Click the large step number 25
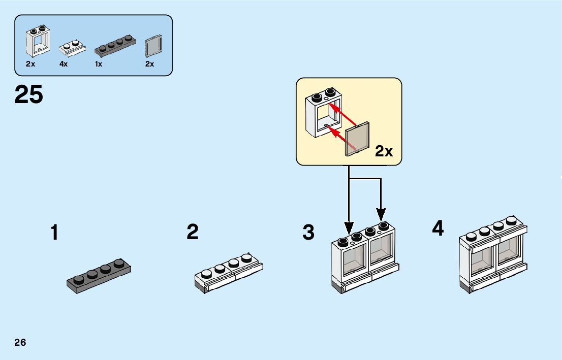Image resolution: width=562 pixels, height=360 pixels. point(28,94)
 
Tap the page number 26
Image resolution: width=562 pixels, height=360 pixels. point(20,342)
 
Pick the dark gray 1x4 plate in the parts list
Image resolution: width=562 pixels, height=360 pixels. point(115,46)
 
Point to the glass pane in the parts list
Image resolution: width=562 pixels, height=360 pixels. point(153,46)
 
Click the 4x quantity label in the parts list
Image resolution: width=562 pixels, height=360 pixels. point(64,64)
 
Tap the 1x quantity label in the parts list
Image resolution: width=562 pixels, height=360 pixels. point(99,64)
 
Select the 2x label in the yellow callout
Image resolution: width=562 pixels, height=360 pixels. point(384,151)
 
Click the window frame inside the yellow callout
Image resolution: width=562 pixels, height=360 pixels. point(323,112)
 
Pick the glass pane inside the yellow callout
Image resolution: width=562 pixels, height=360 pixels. point(357,139)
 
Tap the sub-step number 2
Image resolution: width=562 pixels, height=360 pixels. point(193,232)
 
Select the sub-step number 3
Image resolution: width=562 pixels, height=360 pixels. point(308,232)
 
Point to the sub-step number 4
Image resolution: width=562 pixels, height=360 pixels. point(438,228)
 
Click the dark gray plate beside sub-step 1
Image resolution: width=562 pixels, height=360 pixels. point(99,276)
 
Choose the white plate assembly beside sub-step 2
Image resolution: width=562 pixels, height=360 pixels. point(229,273)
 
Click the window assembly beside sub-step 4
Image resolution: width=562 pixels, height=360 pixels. point(493,255)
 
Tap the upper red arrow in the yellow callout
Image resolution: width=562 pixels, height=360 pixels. point(343,114)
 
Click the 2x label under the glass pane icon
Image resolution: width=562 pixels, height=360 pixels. point(149,64)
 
